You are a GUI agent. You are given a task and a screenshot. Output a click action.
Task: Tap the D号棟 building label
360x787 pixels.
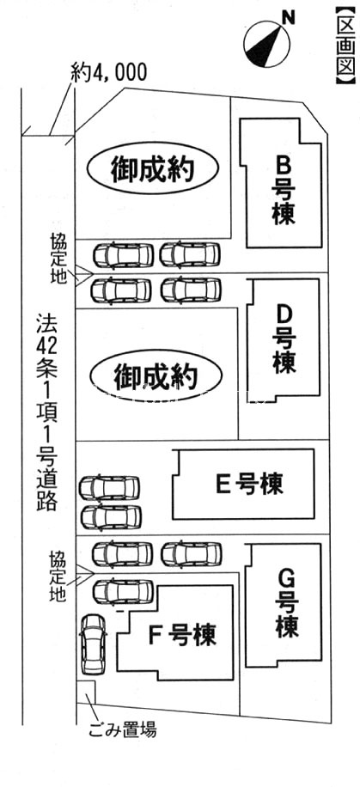[x=284, y=339]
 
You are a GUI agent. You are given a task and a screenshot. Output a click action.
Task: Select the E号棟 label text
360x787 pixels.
[x=249, y=484]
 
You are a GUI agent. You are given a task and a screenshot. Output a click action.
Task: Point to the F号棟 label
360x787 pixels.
[x=182, y=634]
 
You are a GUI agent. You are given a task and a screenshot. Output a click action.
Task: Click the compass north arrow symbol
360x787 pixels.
[x=266, y=46]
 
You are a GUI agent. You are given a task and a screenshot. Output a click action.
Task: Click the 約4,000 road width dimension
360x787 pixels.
[x=109, y=73]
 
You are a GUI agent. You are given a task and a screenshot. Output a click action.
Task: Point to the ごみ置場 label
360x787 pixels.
[x=123, y=729]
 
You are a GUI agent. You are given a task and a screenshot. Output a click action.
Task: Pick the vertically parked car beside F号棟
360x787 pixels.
[x=94, y=644]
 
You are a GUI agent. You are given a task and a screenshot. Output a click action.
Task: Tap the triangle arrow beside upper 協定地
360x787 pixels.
[x=84, y=275]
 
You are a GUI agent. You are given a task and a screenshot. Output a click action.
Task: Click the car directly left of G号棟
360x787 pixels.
[x=192, y=553]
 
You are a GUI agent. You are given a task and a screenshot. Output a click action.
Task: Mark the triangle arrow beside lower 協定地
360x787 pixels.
[x=84, y=573]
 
